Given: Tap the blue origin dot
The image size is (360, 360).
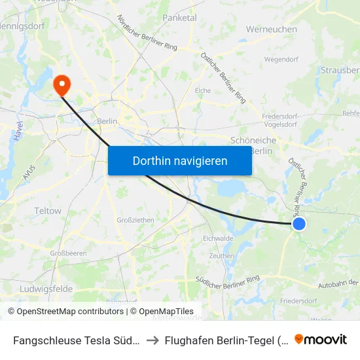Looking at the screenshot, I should [x=298, y=224].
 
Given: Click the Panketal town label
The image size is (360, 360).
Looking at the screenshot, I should [x=179, y=18].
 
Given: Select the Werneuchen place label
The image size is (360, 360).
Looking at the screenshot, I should [x=271, y=29].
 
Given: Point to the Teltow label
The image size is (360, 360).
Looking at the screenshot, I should [x=48, y=211].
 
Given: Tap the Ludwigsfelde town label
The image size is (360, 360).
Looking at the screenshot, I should [x=46, y=289].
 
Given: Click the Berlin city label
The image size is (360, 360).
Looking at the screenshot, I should [x=107, y=121].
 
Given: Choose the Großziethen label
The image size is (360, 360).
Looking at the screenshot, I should [x=135, y=220].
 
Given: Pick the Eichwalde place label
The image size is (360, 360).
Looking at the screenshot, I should [x=218, y=238].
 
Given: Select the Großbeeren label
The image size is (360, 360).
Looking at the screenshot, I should [x=69, y=253].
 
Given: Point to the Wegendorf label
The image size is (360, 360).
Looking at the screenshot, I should [x=281, y=59].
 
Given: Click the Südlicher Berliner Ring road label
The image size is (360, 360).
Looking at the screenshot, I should [x=228, y=279].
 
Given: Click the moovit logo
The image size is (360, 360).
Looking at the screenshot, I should [x=321, y=340].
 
